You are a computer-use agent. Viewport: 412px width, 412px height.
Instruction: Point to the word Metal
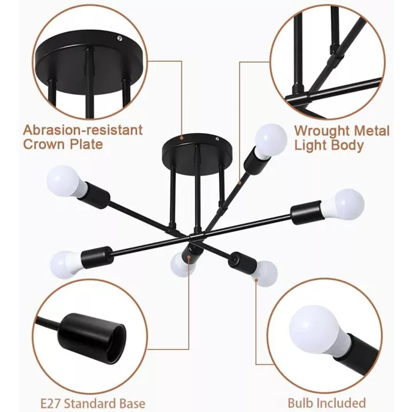coord(371,130)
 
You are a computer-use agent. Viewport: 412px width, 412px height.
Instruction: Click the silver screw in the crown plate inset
coord(120,37)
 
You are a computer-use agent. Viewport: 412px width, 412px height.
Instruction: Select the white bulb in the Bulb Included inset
coord(313,329)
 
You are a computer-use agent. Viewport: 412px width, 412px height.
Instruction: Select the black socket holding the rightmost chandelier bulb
coord(306,213)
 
